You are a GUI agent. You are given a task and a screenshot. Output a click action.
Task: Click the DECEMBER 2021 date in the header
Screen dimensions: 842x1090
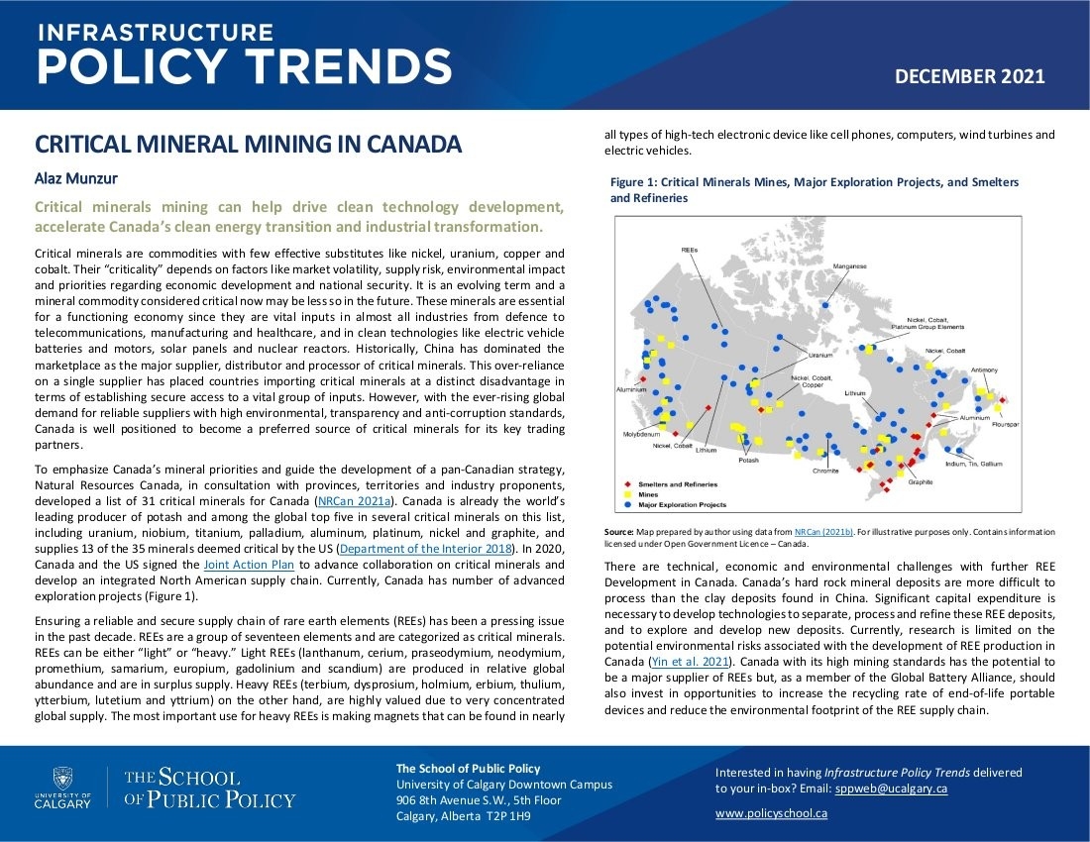pyautogui.click(x=969, y=76)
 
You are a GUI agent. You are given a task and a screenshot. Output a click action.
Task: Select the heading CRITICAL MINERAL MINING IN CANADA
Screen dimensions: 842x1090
pyautogui.click(x=248, y=145)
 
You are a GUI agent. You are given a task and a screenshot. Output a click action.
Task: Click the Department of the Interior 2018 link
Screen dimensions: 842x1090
pyautogui.click(x=423, y=548)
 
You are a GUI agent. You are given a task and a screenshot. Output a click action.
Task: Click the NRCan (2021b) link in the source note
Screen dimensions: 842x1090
pyautogui.click(x=824, y=533)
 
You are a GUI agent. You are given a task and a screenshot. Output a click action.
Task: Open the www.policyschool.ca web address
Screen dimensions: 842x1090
pyautogui.click(x=771, y=813)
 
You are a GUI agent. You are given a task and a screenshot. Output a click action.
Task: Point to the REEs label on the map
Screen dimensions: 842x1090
pyautogui.click(x=690, y=250)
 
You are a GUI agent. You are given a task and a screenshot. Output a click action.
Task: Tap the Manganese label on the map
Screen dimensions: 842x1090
pyautogui.click(x=849, y=266)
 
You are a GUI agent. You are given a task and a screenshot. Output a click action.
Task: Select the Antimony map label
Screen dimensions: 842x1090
pyautogui.click(x=984, y=369)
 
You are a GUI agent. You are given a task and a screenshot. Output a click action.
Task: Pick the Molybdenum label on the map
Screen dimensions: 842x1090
pyautogui.click(x=641, y=434)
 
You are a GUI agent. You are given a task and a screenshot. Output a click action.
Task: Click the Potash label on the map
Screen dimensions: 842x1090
pyautogui.click(x=749, y=461)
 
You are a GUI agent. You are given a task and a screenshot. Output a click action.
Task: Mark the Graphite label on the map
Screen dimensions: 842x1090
pyautogui.click(x=921, y=482)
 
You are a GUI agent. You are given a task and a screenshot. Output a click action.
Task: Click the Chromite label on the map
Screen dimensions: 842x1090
pyautogui.click(x=825, y=472)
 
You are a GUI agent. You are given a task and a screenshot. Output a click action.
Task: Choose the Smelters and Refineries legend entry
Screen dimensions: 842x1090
pyautogui.click(x=678, y=483)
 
